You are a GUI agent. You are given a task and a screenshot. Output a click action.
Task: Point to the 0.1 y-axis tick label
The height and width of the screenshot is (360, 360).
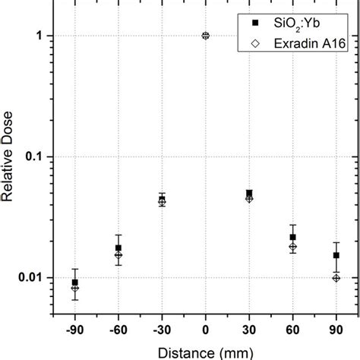44,157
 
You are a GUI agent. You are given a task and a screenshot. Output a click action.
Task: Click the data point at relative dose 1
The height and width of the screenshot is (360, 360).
206,36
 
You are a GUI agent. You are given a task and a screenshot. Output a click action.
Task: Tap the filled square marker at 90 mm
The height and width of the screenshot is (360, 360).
336,255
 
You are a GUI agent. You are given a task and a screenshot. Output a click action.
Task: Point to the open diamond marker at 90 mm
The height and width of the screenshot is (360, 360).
336,278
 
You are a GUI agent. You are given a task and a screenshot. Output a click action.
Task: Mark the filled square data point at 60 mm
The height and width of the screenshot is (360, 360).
293,237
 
